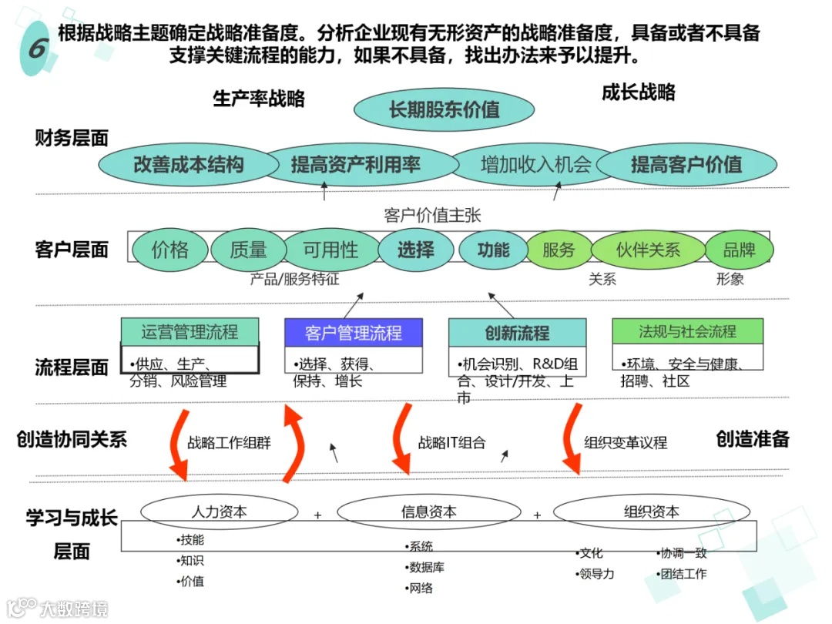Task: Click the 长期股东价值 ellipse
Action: [x=444, y=109]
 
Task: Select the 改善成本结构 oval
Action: [x=189, y=164]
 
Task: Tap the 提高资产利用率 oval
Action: [x=355, y=164]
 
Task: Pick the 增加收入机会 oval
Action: [x=535, y=164]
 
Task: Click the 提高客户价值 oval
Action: [x=686, y=164]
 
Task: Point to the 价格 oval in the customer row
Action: [x=170, y=250]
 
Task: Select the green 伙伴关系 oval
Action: [x=648, y=250]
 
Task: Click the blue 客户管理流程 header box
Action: [x=354, y=333]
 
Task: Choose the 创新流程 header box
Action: [x=517, y=333]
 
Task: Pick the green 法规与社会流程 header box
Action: [x=687, y=331]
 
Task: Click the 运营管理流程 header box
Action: [x=190, y=332]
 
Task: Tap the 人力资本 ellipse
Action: [x=220, y=512]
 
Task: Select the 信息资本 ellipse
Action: [x=429, y=512]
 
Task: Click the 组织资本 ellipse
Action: [x=651, y=512]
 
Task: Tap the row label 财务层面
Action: [x=72, y=139]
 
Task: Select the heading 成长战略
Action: [x=638, y=93]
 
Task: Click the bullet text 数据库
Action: [x=427, y=568]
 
